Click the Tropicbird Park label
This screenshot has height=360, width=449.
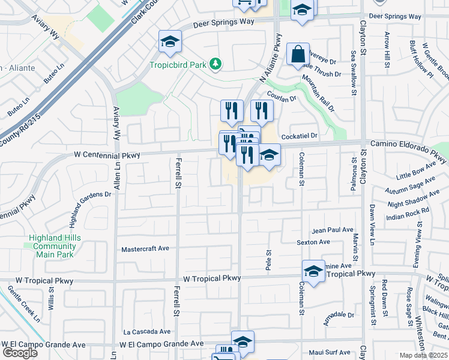[178, 64]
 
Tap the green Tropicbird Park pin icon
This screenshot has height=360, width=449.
[215, 64]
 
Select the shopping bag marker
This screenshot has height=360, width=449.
[298, 55]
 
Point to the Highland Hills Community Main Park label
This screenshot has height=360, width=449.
[55, 246]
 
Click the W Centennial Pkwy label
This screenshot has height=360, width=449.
[107, 155]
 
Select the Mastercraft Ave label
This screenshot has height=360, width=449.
[145, 248]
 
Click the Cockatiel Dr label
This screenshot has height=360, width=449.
[298, 137]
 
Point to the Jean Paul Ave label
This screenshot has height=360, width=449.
[333, 230]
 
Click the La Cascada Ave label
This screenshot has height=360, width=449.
[147, 331]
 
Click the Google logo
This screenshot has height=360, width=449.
[20, 353]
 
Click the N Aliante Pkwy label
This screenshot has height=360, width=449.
[270, 65]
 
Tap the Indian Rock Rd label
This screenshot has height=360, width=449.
[408, 212]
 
